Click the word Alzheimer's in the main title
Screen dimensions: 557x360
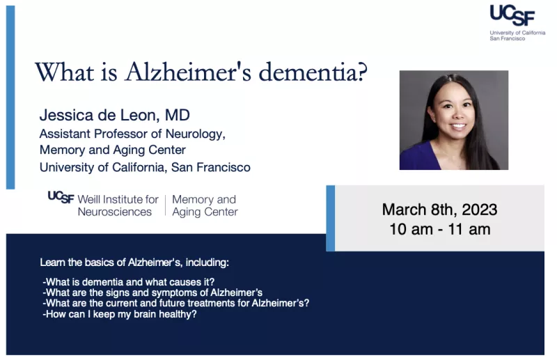pos(188,72)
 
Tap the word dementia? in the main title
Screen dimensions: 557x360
pos(313,72)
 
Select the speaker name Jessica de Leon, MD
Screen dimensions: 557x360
pos(115,115)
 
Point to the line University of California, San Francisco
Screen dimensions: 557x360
pos(145,167)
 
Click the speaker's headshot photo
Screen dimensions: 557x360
pos(454,120)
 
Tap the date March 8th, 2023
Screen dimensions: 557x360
pos(439,210)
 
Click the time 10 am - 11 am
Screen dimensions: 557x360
pos(440,229)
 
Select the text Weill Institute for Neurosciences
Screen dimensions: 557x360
pos(118,205)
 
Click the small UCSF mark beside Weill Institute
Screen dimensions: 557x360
pos(61,197)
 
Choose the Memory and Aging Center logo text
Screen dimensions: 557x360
pos(205,205)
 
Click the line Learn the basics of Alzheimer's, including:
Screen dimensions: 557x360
pos(134,263)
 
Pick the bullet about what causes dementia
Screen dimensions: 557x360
pos(129,282)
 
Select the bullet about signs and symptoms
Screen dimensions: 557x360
pos(152,292)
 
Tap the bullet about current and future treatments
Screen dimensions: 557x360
pos(176,303)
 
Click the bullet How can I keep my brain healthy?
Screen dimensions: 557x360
pos(119,314)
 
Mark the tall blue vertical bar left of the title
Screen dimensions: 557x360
pos(10,97)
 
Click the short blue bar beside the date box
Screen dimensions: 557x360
pos(330,218)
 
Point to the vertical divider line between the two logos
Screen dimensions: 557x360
pos(165,205)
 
